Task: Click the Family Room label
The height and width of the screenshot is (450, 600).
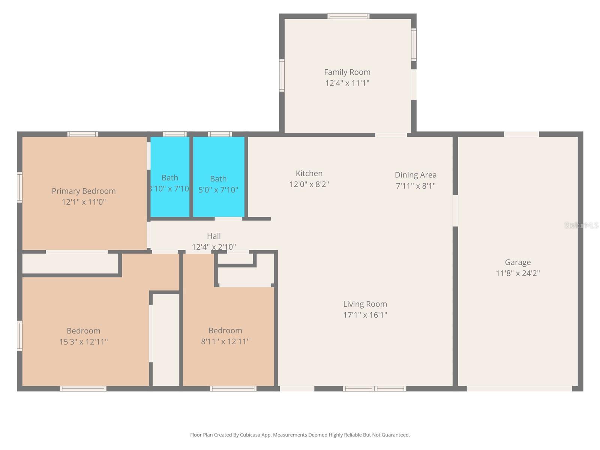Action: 347,72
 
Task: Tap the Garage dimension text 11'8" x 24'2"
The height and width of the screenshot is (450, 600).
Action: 517,273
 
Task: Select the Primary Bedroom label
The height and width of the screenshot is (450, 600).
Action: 84,191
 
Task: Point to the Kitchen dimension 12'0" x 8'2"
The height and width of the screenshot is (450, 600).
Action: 309,184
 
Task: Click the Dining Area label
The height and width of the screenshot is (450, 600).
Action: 415,175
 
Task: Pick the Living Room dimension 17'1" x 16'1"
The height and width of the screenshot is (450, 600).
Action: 365,315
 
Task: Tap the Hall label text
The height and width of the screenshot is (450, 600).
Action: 214,236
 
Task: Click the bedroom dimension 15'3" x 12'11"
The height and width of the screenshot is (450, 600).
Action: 84,342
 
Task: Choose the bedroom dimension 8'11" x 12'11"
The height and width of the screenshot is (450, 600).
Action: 225,341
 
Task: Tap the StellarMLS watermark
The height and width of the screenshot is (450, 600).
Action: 581,225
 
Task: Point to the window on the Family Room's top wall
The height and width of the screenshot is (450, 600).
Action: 348,16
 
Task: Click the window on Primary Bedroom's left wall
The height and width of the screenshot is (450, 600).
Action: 19,187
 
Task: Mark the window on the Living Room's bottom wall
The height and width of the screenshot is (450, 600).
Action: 374,388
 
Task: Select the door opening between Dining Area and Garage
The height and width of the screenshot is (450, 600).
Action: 455,210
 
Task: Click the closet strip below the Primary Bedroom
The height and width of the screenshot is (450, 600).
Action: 70,264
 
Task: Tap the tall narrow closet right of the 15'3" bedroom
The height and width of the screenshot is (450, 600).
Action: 166,339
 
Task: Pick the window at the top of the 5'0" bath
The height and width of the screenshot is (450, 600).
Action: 220,134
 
